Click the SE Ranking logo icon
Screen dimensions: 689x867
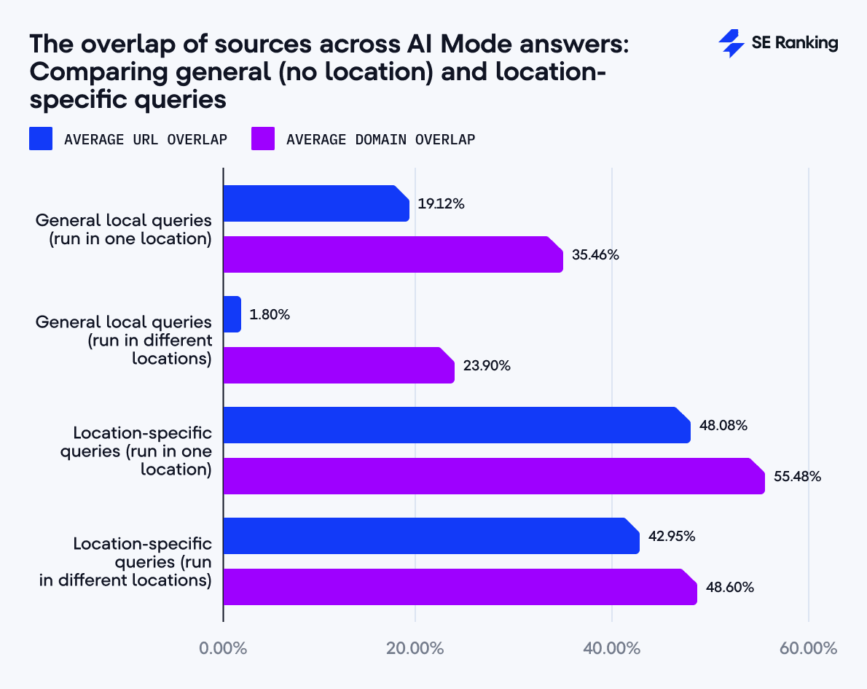pos(731,44)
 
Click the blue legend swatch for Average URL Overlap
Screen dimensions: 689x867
pos(41,139)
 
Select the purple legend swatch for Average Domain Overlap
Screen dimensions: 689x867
pos(263,139)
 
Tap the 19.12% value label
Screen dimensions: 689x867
pos(441,203)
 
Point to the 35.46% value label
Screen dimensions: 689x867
pos(595,254)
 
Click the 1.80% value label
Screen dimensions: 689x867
pos(270,314)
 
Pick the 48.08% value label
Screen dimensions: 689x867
pos(723,425)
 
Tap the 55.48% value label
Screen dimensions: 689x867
pos(797,477)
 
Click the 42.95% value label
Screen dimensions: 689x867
pos(672,536)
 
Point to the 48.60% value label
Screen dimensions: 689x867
pos(729,587)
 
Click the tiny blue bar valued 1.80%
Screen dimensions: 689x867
pos(232,314)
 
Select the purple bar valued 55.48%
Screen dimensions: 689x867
pos(493,476)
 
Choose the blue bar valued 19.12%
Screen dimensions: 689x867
pos(315,203)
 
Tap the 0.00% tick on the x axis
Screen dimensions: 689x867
pos(223,648)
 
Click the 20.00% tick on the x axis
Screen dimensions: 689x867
pos(415,648)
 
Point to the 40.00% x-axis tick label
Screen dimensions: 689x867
pos(612,648)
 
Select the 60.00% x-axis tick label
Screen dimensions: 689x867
pos(809,648)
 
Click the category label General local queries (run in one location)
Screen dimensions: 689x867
pos(124,229)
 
